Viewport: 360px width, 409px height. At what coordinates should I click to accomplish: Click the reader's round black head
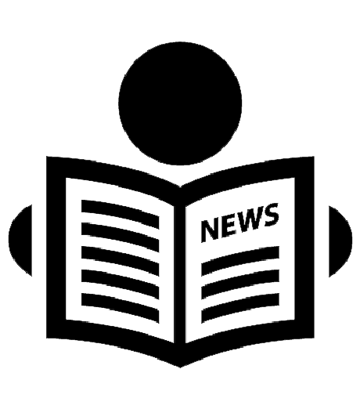pyautogui.click(x=180, y=103)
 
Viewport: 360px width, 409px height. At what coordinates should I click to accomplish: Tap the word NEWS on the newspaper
pyautogui.click(x=240, y=223)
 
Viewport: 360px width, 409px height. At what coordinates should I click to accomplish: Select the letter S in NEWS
pyautogui.click(x=271, y=215)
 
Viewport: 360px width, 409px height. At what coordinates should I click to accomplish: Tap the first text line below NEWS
pyautogui.click(x=240, y=261)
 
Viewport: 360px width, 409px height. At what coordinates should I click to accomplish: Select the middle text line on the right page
pyautogui.click(x=240, y=284)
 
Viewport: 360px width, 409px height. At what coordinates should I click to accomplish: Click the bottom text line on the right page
pyautogui.click(x=240, y=308)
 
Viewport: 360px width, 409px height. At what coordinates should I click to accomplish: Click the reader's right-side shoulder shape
pyautogui.click(x=339, y=241)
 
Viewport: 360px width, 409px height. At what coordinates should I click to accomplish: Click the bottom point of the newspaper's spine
pyautogui.click(x=180, y=367)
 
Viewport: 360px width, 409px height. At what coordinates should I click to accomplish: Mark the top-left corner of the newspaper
pyautogui.click(x=47, y=157)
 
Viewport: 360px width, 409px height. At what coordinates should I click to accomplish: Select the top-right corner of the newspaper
pyautogui.click(x=314, y=157)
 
